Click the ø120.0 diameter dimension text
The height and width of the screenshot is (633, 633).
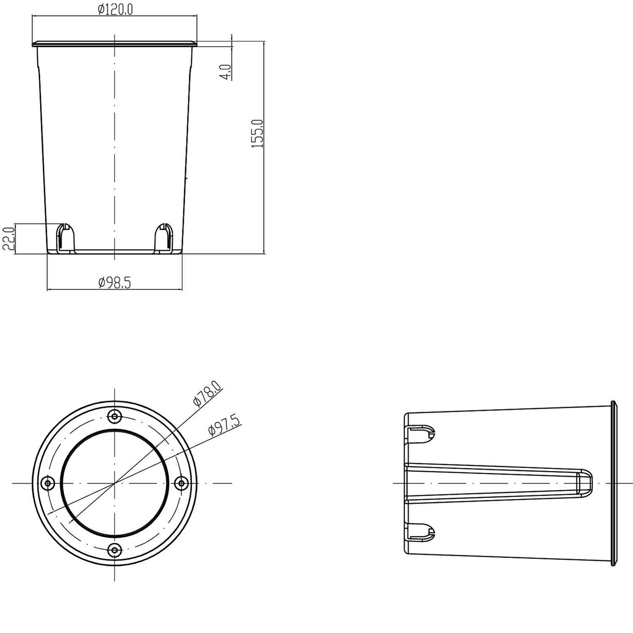(115, 9)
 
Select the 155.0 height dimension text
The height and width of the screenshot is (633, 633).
(257, 133)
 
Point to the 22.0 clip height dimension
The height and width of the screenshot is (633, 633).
(9, 238)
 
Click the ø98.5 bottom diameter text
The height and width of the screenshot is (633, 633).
(115, 283)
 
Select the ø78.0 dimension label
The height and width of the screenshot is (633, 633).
(207, 393)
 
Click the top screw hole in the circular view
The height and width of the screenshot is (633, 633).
(114, 416)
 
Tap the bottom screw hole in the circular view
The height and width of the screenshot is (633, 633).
(114, 550)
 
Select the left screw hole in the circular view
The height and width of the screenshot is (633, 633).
(48, 483)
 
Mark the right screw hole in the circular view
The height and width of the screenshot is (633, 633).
(181, 483)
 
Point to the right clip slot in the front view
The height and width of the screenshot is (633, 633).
(163, 238)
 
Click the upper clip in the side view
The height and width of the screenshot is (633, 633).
(420, 434)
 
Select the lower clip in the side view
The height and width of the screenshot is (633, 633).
(420, 531)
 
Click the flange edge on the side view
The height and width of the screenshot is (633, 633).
(614, 483)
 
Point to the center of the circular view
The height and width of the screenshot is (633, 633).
(114, 483)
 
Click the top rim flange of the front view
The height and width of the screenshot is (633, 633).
(114, 43)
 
